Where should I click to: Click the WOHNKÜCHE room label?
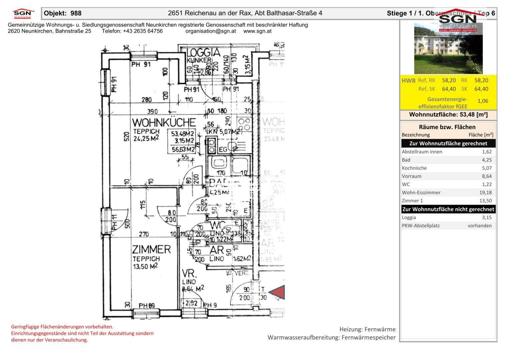click(x=164, y=122)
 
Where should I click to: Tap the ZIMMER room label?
click(x=151, y=249)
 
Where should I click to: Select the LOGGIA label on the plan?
click(x=203, y=53)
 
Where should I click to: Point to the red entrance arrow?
click(x=278, y=293)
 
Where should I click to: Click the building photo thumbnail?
click(x=448, y=49)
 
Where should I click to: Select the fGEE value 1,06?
click(x=483, y=101)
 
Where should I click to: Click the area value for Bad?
click(x=487, y=160)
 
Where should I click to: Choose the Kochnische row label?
click(x=414, y=168)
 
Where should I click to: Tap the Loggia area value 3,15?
click(x=487, y=217)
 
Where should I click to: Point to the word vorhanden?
click(x=480, y=226)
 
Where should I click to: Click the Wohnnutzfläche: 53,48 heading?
click(x=448, y=115)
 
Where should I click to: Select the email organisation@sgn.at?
click(x=211, y=31)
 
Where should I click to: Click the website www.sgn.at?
click(x=257, y=31)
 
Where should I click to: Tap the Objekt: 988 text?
click(x=63, y=13)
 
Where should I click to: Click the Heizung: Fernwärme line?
click(x=367, y=329)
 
